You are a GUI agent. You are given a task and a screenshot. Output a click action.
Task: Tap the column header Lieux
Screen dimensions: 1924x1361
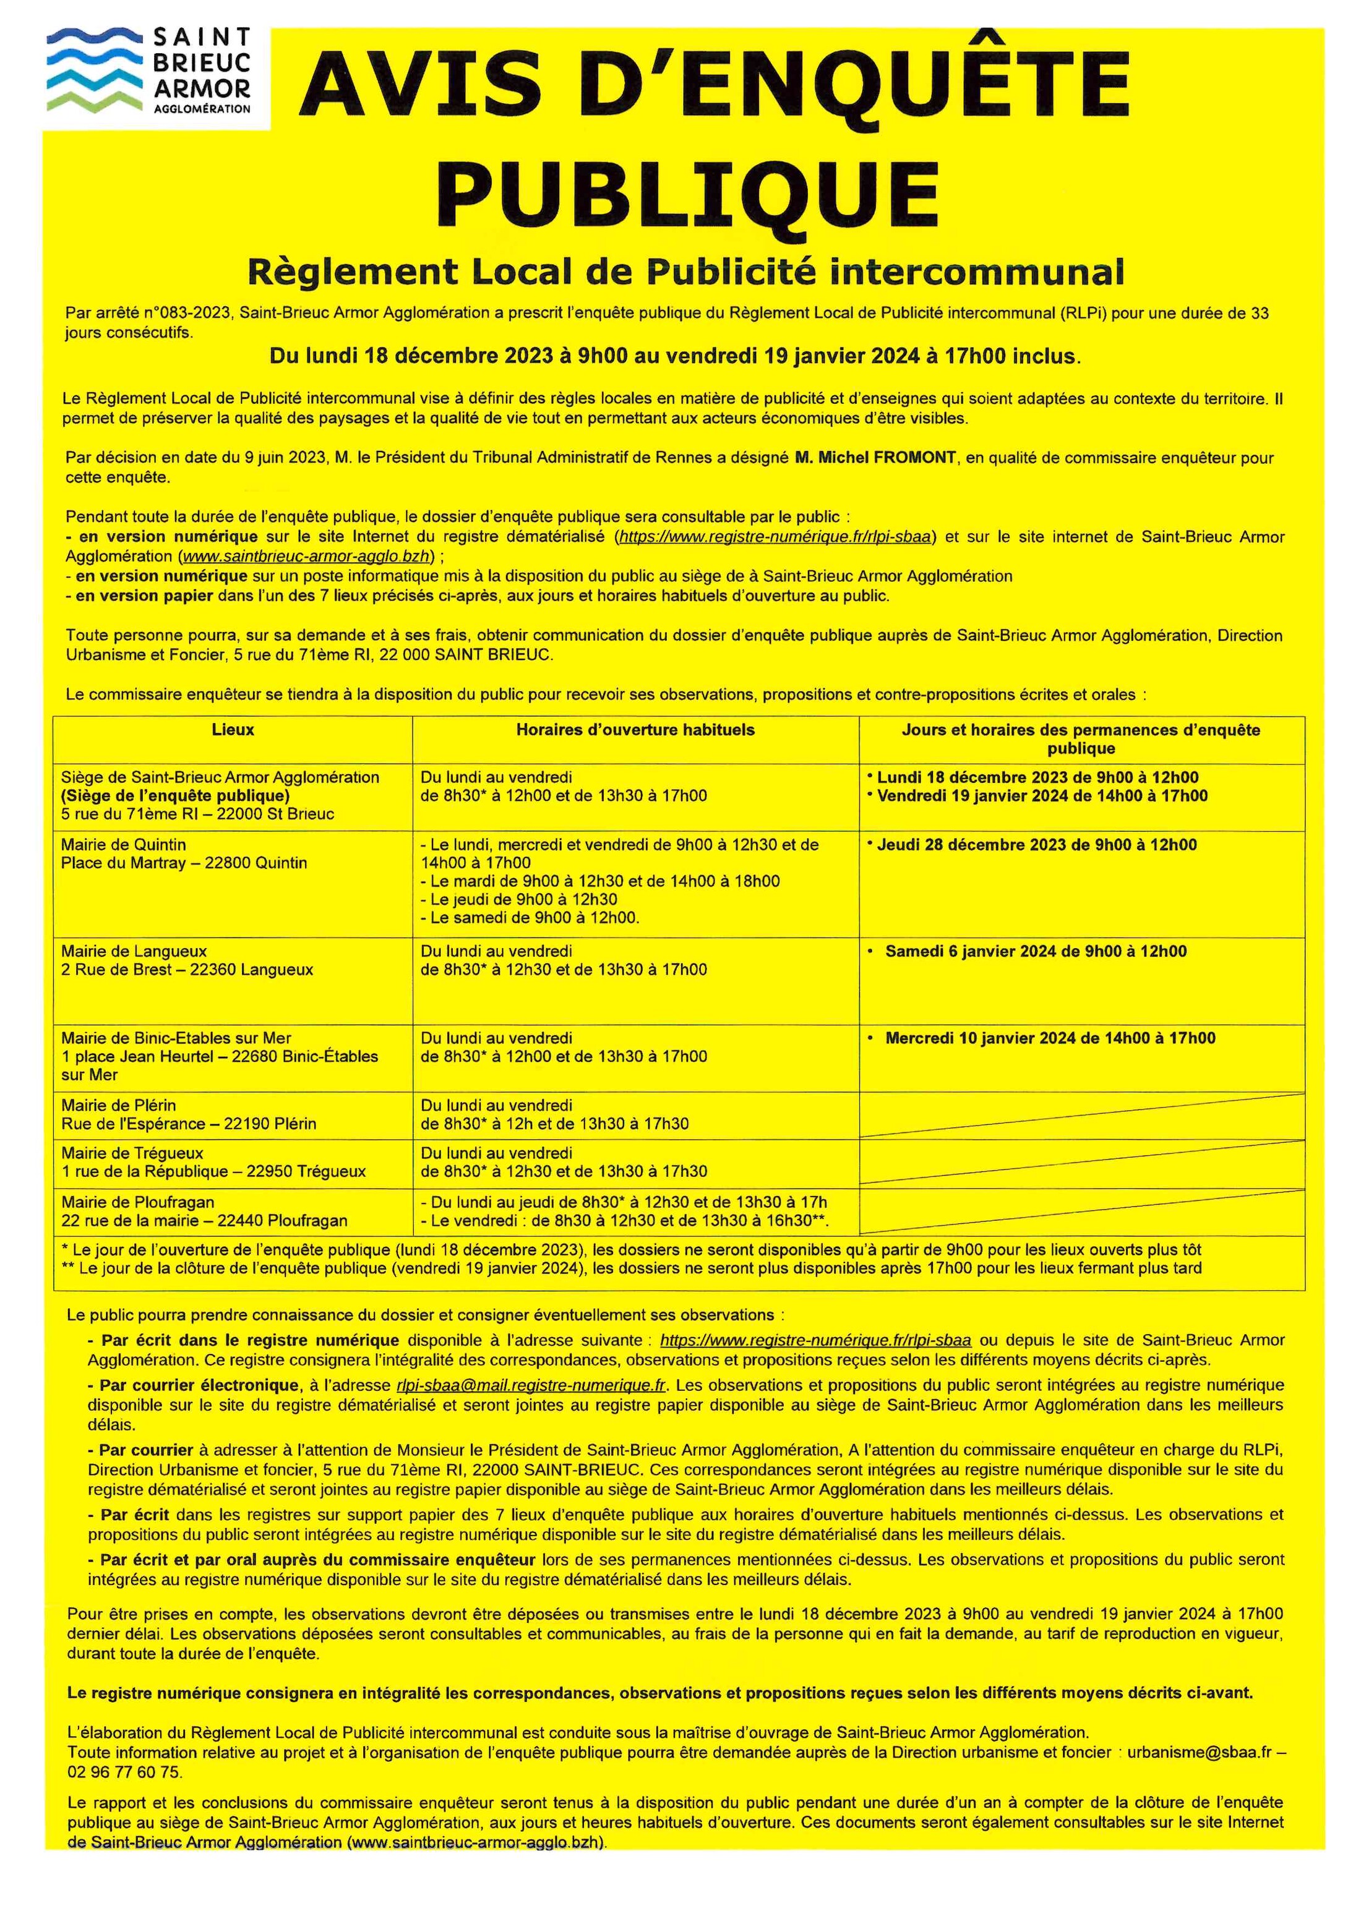point(233,730)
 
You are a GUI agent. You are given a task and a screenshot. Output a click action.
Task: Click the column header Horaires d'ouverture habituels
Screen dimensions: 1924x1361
point(635,730)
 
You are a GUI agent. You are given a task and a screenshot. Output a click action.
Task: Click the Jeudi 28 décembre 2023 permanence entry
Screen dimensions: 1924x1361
point(1036,845)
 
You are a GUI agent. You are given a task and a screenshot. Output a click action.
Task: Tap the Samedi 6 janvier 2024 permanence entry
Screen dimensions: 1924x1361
point(1036,951)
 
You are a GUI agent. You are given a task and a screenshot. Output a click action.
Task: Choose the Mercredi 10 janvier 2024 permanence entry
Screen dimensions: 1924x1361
point(1050,1038)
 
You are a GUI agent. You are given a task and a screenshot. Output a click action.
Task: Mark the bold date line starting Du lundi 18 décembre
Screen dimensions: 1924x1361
point(675,356)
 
